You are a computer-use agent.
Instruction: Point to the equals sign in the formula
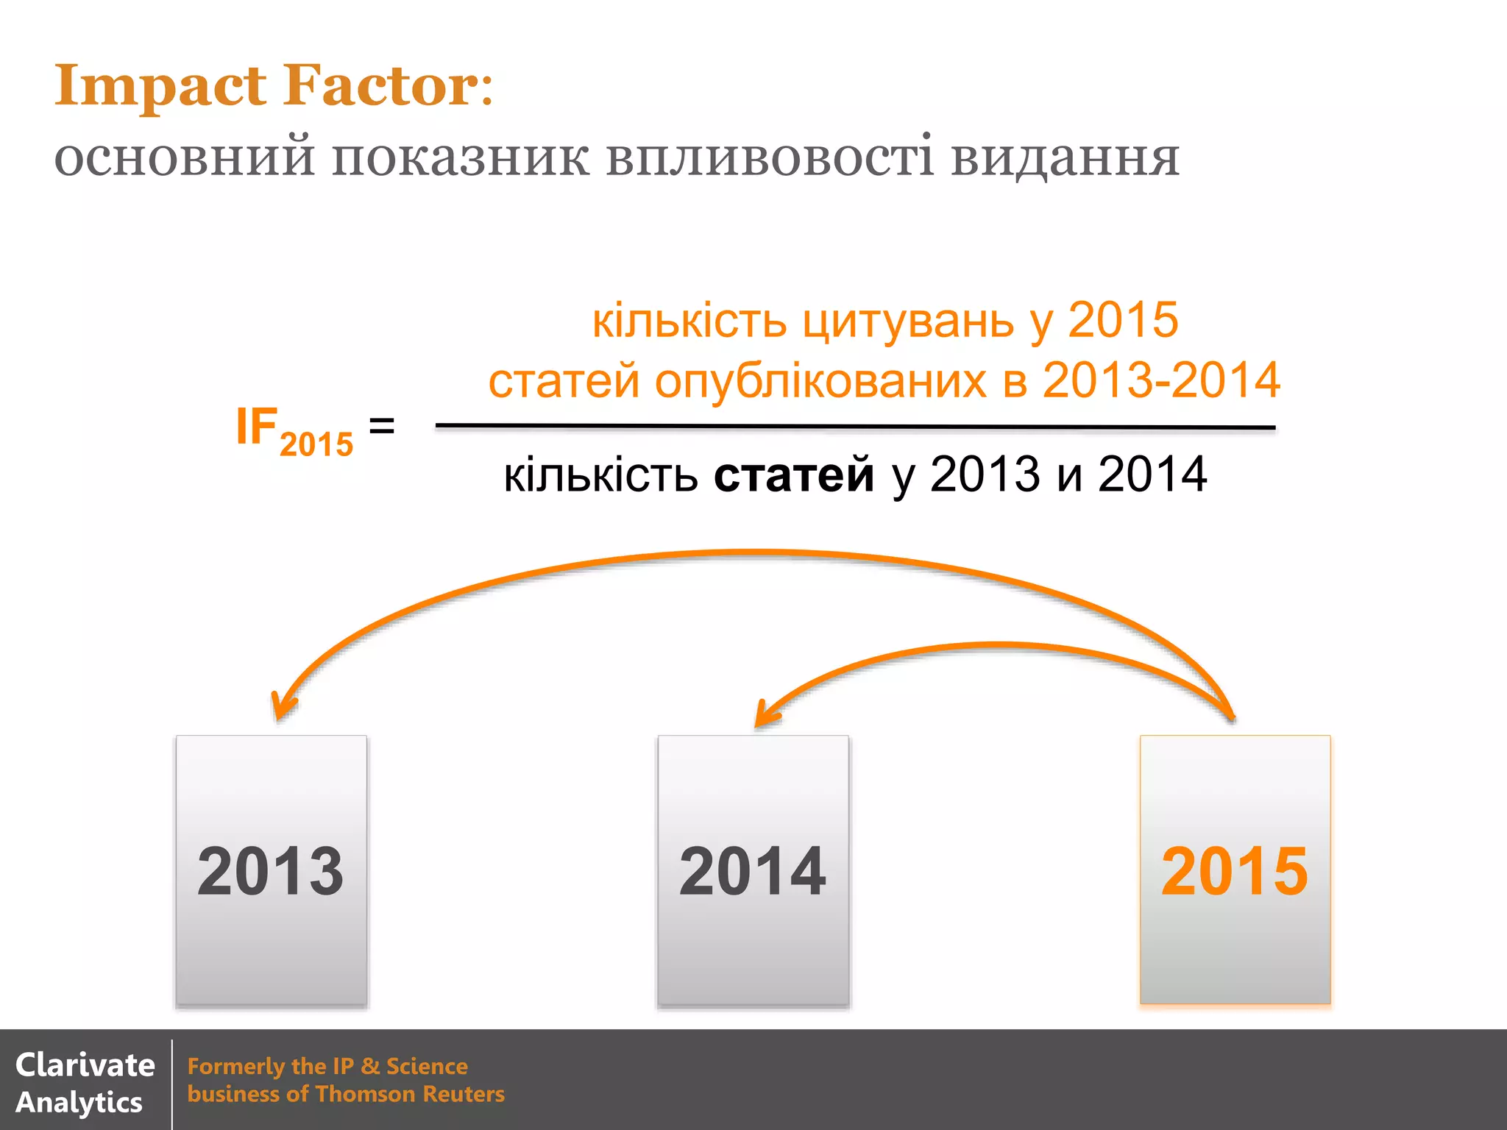pyautogui.click(x=381, y=426)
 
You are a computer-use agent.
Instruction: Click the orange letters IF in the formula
pyautogui.click(x=256, y=426)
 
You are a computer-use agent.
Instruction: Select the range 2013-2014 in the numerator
pyautogui.click(x=1161, y=380)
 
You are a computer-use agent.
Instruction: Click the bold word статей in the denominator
pyautogui.click(x=793, y=475)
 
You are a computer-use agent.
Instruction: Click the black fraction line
pyautogui.click(x=854, y=427)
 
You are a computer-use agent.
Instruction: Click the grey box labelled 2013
pyautogui.click(x=272, y=870)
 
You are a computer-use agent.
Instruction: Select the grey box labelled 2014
pyautogui.click(x=753, y=870)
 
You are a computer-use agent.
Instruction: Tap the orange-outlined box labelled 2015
pyautogui.click(x=1235, y=870)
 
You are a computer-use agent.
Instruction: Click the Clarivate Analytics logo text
pyautogui.click(x=84, y=1083)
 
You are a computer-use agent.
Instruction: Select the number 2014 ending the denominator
pyautogui.click(x=1152, y=475)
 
